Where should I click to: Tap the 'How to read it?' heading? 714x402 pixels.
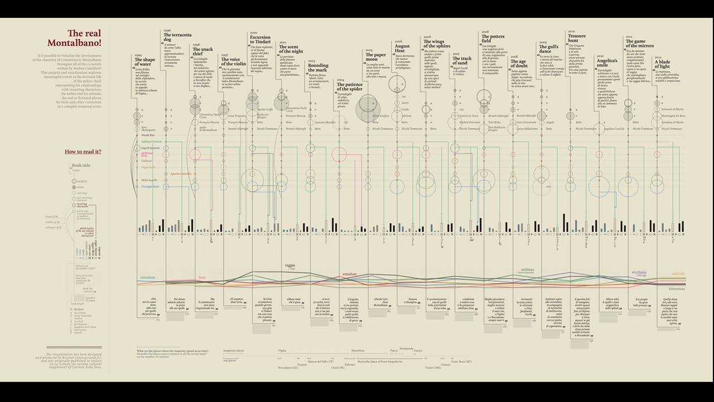(x=83, y=151)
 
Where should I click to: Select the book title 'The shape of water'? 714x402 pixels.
(x=145, y=62)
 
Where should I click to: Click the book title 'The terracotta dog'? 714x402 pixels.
(x=177, y=37)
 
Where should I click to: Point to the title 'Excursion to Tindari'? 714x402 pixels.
(x=260, y=40)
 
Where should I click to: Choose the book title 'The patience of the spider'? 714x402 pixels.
(x=350, y=87)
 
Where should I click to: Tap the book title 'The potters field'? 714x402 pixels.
(x=493, y=39)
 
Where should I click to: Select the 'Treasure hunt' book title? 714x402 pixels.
(x=577, y=39)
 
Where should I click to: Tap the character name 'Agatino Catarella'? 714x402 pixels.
(x=181, y=174)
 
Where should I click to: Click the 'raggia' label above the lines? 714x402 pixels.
(x=290, y=265)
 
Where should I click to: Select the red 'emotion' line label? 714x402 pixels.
(x=349, y=274)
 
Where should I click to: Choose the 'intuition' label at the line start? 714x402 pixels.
(x=148, y=277)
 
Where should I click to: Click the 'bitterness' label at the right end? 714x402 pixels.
(x=677, y=289)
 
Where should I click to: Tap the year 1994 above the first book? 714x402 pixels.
(x=138, y=55)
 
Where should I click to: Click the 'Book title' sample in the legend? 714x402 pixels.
(x=81, y=165)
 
